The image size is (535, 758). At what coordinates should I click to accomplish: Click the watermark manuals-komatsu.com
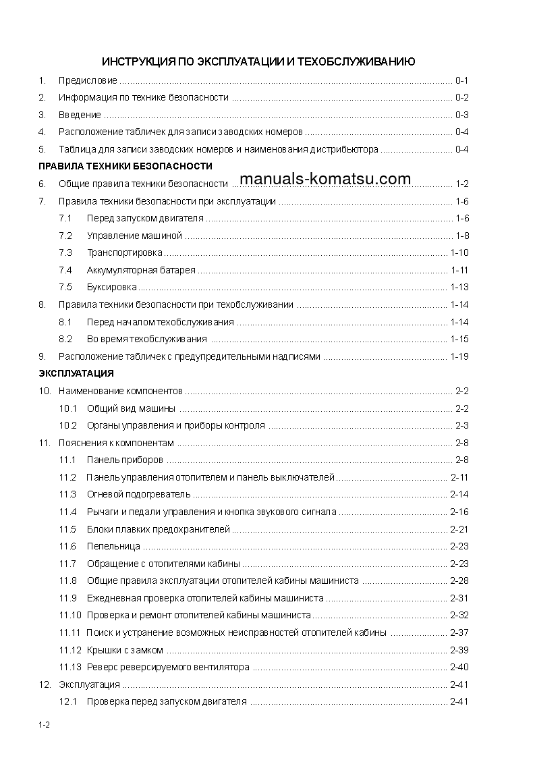(325, 179)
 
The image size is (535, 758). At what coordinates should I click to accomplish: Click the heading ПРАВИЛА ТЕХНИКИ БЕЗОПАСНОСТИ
(125, 166)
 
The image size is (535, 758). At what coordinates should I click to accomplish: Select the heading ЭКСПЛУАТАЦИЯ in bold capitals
(76, 373)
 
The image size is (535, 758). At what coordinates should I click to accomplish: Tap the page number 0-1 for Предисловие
(461, 80)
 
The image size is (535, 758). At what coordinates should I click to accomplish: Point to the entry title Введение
(80, 115)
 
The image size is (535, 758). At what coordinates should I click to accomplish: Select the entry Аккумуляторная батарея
(141, 271)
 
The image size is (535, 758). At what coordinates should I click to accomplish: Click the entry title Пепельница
(113, 546)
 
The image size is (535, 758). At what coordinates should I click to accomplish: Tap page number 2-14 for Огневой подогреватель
(459, 494)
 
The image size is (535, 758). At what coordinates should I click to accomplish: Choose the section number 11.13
(70, 667)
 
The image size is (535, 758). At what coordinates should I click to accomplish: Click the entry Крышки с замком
(125, 650)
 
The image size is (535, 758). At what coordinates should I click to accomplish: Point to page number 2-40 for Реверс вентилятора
(459, 667)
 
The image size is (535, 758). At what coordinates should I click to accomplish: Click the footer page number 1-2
(45, 726)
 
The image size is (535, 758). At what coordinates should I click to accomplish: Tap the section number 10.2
(69, 425)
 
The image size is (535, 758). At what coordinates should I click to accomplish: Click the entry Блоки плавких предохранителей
(159, 529)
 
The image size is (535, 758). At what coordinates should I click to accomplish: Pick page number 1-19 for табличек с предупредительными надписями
(459, 356)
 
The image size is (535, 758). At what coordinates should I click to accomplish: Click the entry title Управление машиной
(135, 236)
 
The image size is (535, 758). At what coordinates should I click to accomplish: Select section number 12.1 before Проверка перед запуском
(69, 702)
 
